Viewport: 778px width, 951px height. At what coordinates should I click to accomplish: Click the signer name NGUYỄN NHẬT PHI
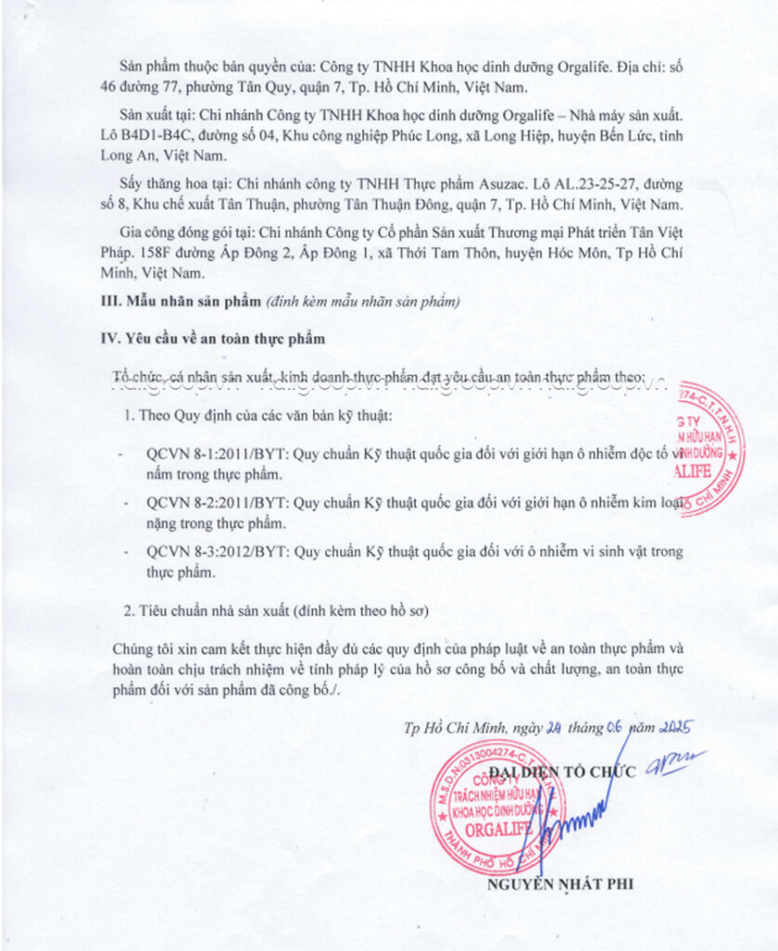point(560,883)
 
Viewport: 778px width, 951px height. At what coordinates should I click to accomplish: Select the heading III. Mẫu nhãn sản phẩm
point(180,302)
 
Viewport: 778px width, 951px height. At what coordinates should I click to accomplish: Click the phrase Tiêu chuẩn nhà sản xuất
point(214,610)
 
